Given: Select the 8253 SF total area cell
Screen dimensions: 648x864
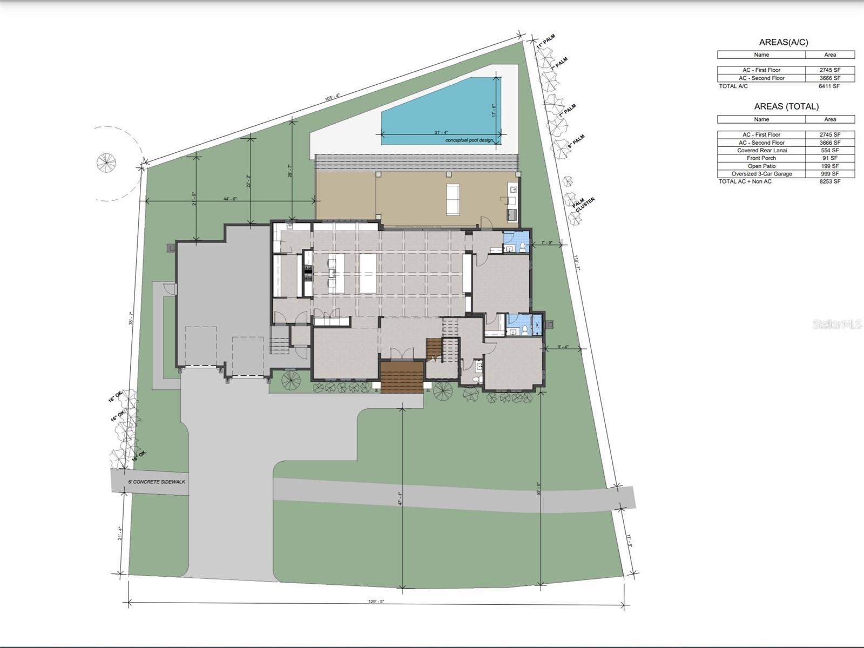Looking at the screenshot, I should tap(829, 181).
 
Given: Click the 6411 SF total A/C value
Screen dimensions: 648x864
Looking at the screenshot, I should tap(829, 86).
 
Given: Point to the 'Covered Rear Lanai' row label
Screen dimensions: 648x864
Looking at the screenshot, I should tap(761, 150).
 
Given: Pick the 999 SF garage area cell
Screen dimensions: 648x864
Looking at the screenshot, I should tap(829, 174).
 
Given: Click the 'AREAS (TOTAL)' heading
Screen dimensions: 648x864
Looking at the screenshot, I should tap(786, 106).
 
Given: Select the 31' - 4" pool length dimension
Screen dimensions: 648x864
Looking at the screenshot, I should tap(441, 132).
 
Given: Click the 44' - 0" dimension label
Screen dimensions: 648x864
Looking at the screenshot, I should tap(230, 199).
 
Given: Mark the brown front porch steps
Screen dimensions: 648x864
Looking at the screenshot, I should tap(401, 377).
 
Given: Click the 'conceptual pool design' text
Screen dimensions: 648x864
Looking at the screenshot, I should tap(469, 140).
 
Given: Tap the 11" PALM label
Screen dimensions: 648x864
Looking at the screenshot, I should tap(546, 42).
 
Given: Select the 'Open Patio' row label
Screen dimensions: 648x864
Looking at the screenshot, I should tap(761, 166).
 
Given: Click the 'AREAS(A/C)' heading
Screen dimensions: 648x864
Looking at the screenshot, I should tap(783, 42).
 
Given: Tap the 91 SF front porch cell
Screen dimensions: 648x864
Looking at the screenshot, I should tap(829, 158).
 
